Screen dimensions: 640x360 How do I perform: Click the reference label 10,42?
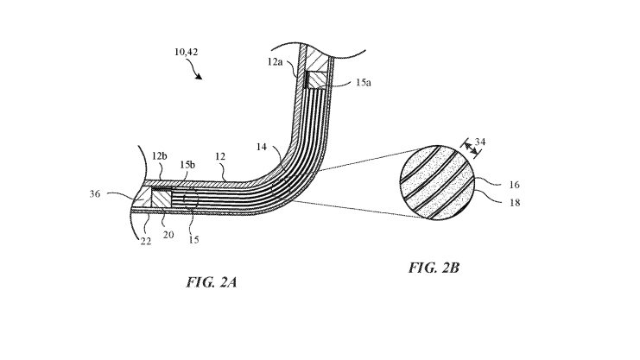pyautogui.click(x=186, y=53)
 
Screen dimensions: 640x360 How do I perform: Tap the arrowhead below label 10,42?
pyautogui.click(x=199, y=76)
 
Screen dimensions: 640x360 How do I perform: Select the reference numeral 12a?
pyautogui.click(x=276, y=61)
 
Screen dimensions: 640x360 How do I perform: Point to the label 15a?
pyautogui.click(x=364, y=83)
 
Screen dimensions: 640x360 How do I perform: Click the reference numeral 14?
pyautogui.click(x=262, y=147)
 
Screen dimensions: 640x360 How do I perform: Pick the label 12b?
pyautogui.click(x=160, y=156)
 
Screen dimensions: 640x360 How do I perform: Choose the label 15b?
pyautogui.click(x=187, y=165)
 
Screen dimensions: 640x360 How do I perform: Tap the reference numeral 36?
pyautogui.click(x=95, y=194)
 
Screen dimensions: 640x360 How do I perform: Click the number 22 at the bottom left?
pyautogui.click(x=146, y=241)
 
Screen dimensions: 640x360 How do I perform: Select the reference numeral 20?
pyautogui.click(x=168, y=235)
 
